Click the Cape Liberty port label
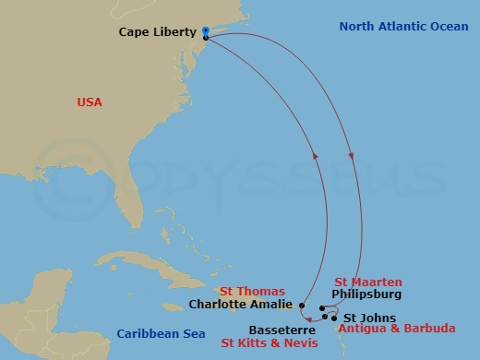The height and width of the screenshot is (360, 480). tap(158, 32)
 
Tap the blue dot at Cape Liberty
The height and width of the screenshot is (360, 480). tap(205, 31)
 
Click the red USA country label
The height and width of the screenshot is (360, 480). tap(90, 102)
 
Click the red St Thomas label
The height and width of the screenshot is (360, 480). tap(246, 289)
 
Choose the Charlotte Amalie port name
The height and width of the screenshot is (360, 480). tap(242, 303)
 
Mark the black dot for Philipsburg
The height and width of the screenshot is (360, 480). tap(321, 308)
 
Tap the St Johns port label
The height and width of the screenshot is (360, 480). tap(363, 318)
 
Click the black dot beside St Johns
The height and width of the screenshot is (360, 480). tap(333, 318)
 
